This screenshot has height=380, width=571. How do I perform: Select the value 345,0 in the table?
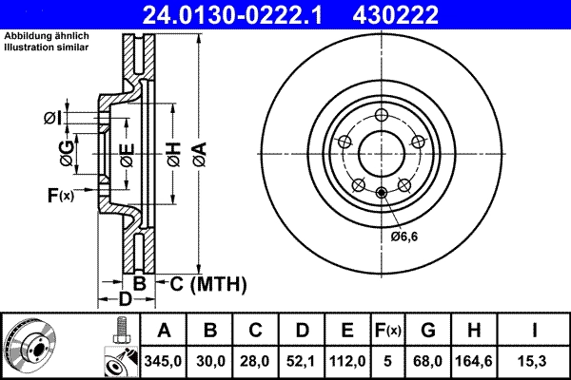[164, 361]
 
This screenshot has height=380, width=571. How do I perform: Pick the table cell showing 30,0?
[211, 361]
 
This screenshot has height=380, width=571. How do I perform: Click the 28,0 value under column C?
[257, 361]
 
